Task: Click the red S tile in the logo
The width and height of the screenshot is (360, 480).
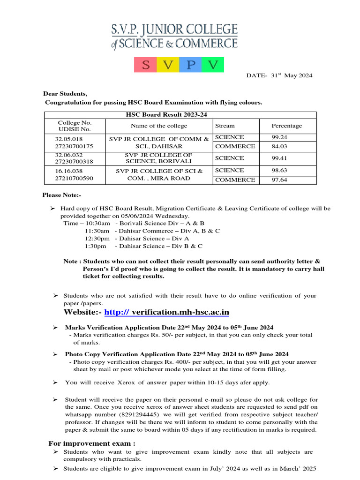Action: pyautogui.click(x=145, y=65)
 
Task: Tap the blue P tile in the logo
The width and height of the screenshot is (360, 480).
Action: pyautogui.click(x=190, y=65)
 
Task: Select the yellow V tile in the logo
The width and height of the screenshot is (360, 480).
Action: pyautogui.click(x=168, y=65)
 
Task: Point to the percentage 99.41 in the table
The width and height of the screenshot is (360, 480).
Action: pyautogui.click(x=280, y=158)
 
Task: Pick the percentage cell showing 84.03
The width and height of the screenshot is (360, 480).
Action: pyautogui.click(x=280, y=146)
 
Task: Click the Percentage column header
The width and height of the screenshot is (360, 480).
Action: pyautogui.click(x=287, y=126)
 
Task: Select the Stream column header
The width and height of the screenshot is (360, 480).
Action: pyautogui.click(x=225, y=126)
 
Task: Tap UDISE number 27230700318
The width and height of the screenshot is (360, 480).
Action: pyautogui.click(x=75, y=162)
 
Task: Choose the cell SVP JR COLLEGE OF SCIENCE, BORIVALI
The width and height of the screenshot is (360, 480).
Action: pyautogui.click(x=159, y=158)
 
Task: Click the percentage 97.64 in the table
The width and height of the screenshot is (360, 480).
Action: pyautogui.click(x=280, y=180)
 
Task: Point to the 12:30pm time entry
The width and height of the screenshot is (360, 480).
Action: pyautogui.click(x=97, y=238)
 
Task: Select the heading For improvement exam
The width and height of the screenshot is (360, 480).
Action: pyautogui.click(x=92, y=443)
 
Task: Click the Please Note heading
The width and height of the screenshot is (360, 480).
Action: pyautogui.click(x=59, y=195)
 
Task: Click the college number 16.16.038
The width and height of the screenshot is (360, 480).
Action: pyautogui.click(x=69, y=171)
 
